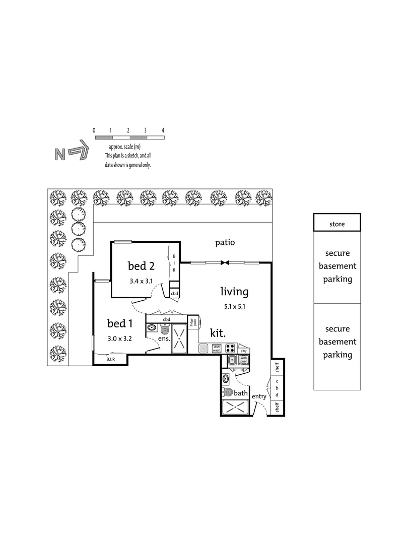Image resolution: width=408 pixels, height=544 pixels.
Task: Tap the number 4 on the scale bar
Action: point(163,130)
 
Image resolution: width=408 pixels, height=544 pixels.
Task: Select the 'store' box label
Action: point(336,224)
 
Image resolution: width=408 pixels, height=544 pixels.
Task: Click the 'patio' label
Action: point(225,243)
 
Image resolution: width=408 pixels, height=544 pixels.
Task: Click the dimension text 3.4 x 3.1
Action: point(141,282)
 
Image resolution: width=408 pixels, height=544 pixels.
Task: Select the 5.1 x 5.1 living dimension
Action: point(234,306)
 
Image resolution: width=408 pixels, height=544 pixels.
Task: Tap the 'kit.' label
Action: point(218,333)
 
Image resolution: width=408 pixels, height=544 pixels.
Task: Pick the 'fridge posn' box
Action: point(192,322)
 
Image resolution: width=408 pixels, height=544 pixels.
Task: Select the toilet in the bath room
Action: point(227,392)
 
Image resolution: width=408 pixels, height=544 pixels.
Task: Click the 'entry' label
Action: point(259,396)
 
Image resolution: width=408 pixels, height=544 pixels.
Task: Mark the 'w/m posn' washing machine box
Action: point(243,360)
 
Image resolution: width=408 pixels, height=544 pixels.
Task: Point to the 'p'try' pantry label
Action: point(243,351)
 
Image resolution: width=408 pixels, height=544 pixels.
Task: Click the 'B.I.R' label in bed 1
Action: point(110,360)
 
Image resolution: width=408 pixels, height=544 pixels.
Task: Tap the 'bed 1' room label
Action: point(120,323)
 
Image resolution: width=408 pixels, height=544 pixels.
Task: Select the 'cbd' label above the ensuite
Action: point(166,319)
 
